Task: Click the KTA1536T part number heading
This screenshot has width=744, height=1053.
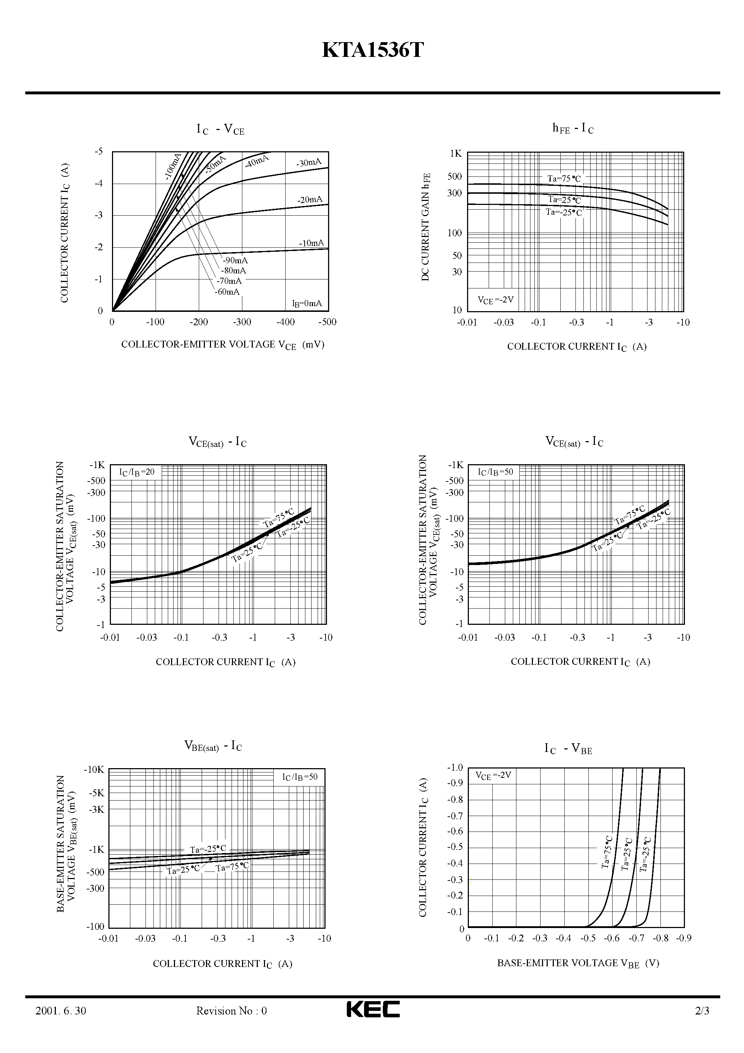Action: coord(372,50)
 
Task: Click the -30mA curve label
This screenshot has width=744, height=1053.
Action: coord(309,163)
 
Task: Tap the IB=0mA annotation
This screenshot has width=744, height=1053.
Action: coord(307,303)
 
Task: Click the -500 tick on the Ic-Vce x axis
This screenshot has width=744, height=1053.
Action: coord(327,322)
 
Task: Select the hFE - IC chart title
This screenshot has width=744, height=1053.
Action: coord(573,129)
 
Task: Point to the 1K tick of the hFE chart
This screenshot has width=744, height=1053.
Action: coord(456,154)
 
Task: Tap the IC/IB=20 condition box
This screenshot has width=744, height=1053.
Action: coord(137,472)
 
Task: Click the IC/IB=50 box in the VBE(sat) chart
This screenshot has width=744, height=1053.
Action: coord(300,777)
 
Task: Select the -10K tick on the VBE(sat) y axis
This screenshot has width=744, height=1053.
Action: coord(94,770)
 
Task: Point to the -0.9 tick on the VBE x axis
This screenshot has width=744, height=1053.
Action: coord(684,938)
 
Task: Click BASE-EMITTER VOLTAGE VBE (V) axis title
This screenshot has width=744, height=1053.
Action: coord(578,963)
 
